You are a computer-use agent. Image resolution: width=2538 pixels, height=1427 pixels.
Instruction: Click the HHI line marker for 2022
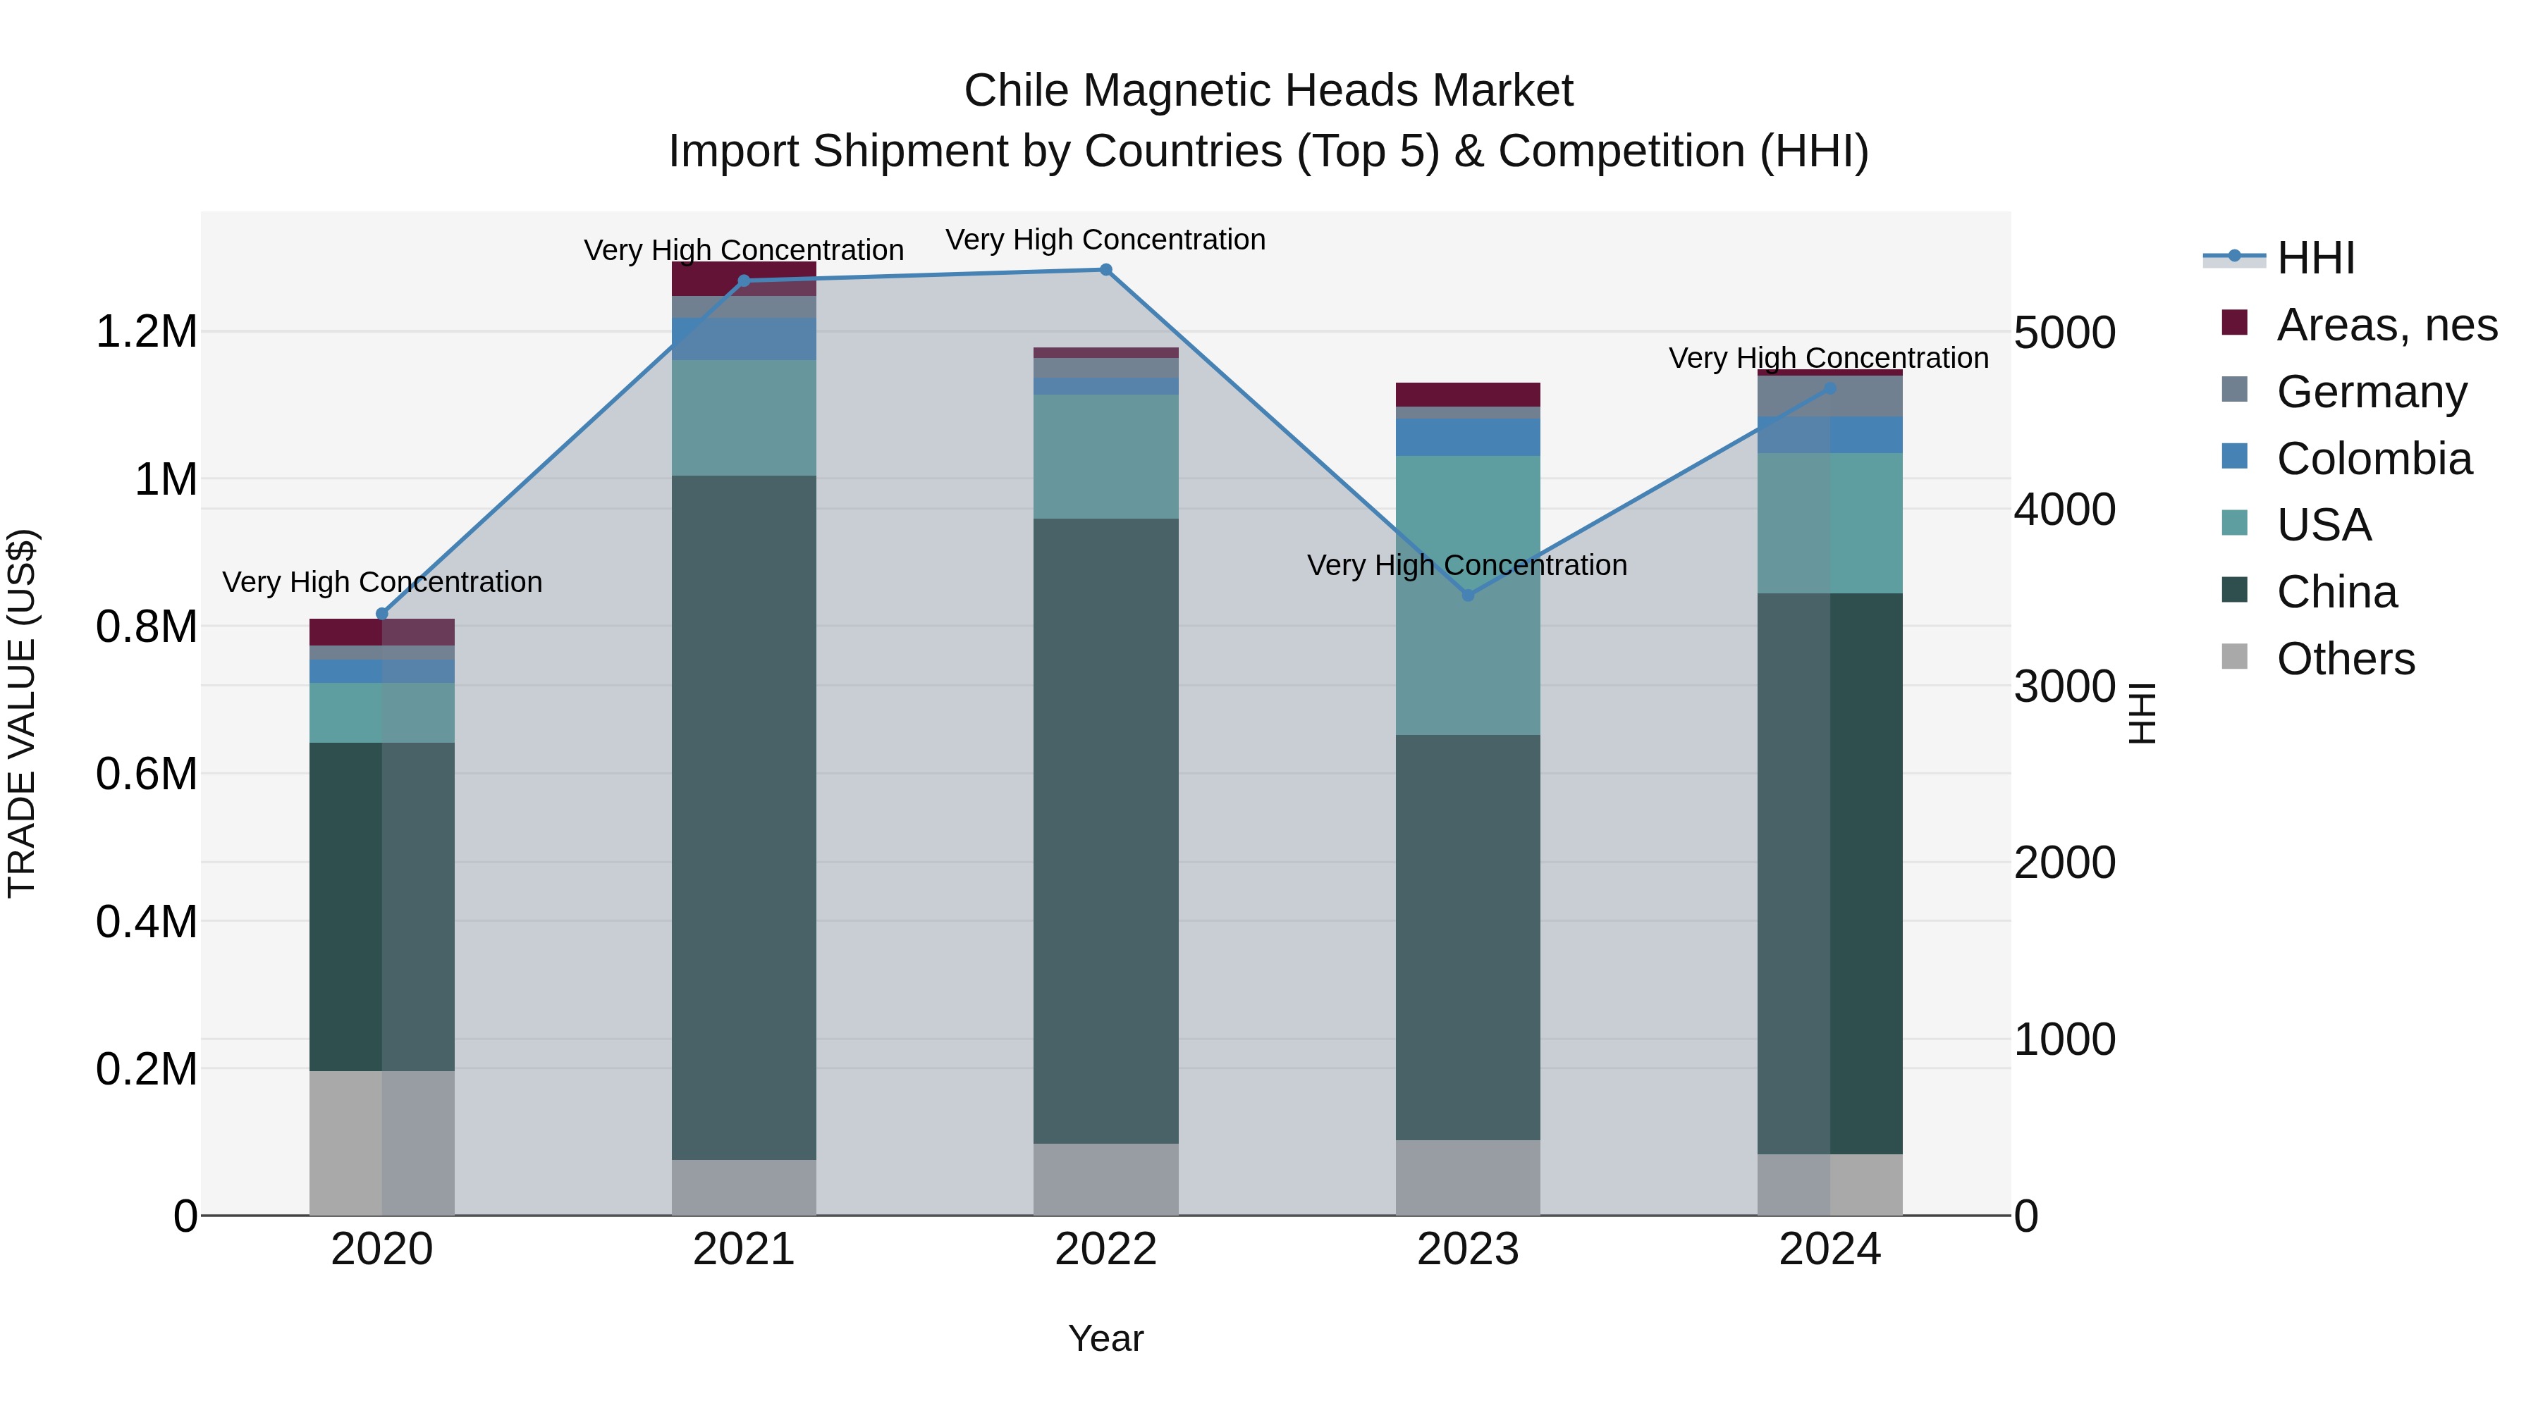tap(1105, 270)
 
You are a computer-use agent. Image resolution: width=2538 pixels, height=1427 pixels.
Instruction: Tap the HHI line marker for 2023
tap(1468, 595)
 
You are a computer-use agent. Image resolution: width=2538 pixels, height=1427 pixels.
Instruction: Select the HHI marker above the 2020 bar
tap(382, 614)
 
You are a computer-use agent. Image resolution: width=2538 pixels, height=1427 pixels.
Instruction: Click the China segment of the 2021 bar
tap(744, 817)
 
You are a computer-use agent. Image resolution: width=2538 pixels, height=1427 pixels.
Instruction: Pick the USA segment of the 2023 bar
tap(1468, 595)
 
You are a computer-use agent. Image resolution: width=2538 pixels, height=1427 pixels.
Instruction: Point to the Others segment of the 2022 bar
tap(1105, 1179)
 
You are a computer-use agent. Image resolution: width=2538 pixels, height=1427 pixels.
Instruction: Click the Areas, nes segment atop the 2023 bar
tap(1468, 394)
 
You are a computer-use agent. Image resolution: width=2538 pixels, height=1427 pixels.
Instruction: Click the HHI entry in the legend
tap(2315, 258)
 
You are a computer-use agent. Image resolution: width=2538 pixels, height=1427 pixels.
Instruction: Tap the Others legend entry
tap(2345, 659)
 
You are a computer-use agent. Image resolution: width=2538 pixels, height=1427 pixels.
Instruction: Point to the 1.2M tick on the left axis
tap(146, 332)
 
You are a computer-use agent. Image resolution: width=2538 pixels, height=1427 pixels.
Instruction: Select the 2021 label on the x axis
tap(744, 1249)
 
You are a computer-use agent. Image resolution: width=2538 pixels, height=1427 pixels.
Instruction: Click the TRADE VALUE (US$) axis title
tap(22, 713)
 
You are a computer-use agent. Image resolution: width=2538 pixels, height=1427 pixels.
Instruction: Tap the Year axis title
tap(1105, 1338)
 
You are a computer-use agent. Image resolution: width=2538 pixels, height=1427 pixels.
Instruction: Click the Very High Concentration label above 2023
tap(1467, 565)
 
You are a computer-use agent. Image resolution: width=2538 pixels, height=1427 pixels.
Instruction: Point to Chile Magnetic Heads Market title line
tap(1268, 91)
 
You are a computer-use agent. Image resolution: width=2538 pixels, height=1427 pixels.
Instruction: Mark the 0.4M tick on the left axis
tap(146, 922)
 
